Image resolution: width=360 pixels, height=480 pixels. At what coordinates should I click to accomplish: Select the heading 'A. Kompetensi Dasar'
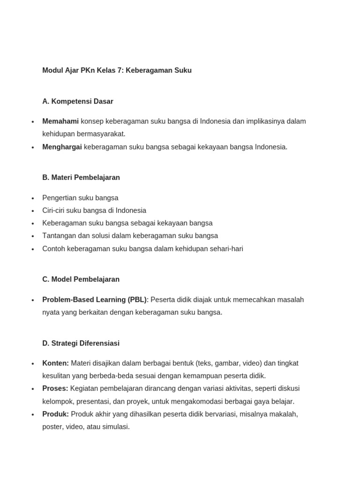tap(78, 101)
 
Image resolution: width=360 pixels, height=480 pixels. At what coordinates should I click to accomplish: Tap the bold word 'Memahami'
tap(60, 121)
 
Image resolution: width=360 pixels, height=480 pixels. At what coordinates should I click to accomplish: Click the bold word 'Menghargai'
tap(62, 147)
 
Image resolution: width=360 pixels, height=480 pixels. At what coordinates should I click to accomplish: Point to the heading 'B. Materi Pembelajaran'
tap(81, 178)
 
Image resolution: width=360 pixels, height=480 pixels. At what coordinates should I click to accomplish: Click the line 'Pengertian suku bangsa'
tap(80, 198)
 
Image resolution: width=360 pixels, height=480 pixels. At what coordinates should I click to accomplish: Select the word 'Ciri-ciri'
tap(53, 210)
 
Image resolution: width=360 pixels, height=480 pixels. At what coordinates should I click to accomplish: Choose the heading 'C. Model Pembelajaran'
tap(81, 279)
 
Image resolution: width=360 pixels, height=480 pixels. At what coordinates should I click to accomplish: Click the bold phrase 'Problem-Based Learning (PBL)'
tap(94, 300)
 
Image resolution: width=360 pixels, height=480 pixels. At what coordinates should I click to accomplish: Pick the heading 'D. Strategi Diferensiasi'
tap(81, 344)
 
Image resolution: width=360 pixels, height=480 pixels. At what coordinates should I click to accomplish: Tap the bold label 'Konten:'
tap(55, 363)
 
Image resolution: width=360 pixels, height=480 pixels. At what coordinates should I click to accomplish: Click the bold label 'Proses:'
tap(55, 389)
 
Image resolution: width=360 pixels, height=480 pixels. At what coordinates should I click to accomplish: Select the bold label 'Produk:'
tap(55, 414)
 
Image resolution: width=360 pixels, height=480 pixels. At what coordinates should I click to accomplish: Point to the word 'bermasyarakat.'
tap(103, 134)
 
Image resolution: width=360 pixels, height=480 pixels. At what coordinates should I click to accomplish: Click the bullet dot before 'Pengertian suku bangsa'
tap(33, 198)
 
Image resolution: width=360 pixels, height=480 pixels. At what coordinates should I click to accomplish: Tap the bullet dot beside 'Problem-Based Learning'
tap(33, 300)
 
